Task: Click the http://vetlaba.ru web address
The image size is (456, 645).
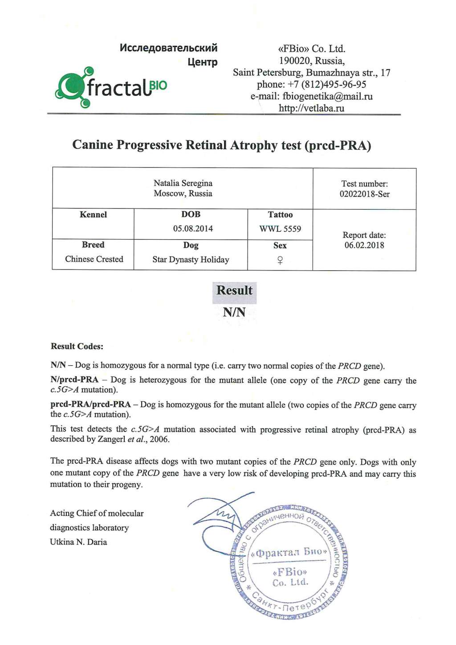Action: (x=311, y=108)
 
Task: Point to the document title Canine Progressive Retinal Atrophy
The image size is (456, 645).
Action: (x=221, y=145)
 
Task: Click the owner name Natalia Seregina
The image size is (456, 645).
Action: (x=183, y=183)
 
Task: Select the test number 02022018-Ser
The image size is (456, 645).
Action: (x=364, y=194)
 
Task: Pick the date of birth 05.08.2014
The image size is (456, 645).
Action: (x=193, y=229)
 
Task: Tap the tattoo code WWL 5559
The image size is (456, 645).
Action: (x=280, y=229)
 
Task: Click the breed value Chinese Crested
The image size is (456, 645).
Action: (x=94, y=259)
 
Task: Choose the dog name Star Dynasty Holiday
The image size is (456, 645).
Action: (x=191, y=260)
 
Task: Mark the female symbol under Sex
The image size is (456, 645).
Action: (x=280, y=260)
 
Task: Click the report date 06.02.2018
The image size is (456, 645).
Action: (x=364, y=245)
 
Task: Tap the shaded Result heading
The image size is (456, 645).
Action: (x=234, y=290)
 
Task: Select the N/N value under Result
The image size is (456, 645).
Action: (x=234, y=312)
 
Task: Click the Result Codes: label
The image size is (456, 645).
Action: (x=77, y=347)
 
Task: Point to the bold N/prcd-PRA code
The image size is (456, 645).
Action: (x=74, y=380)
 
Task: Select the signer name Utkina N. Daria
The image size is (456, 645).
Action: (x=78, y=542)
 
